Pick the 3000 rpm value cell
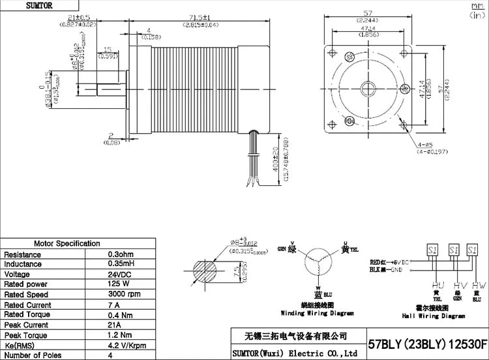125,295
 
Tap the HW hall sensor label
479,286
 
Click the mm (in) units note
478,8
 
